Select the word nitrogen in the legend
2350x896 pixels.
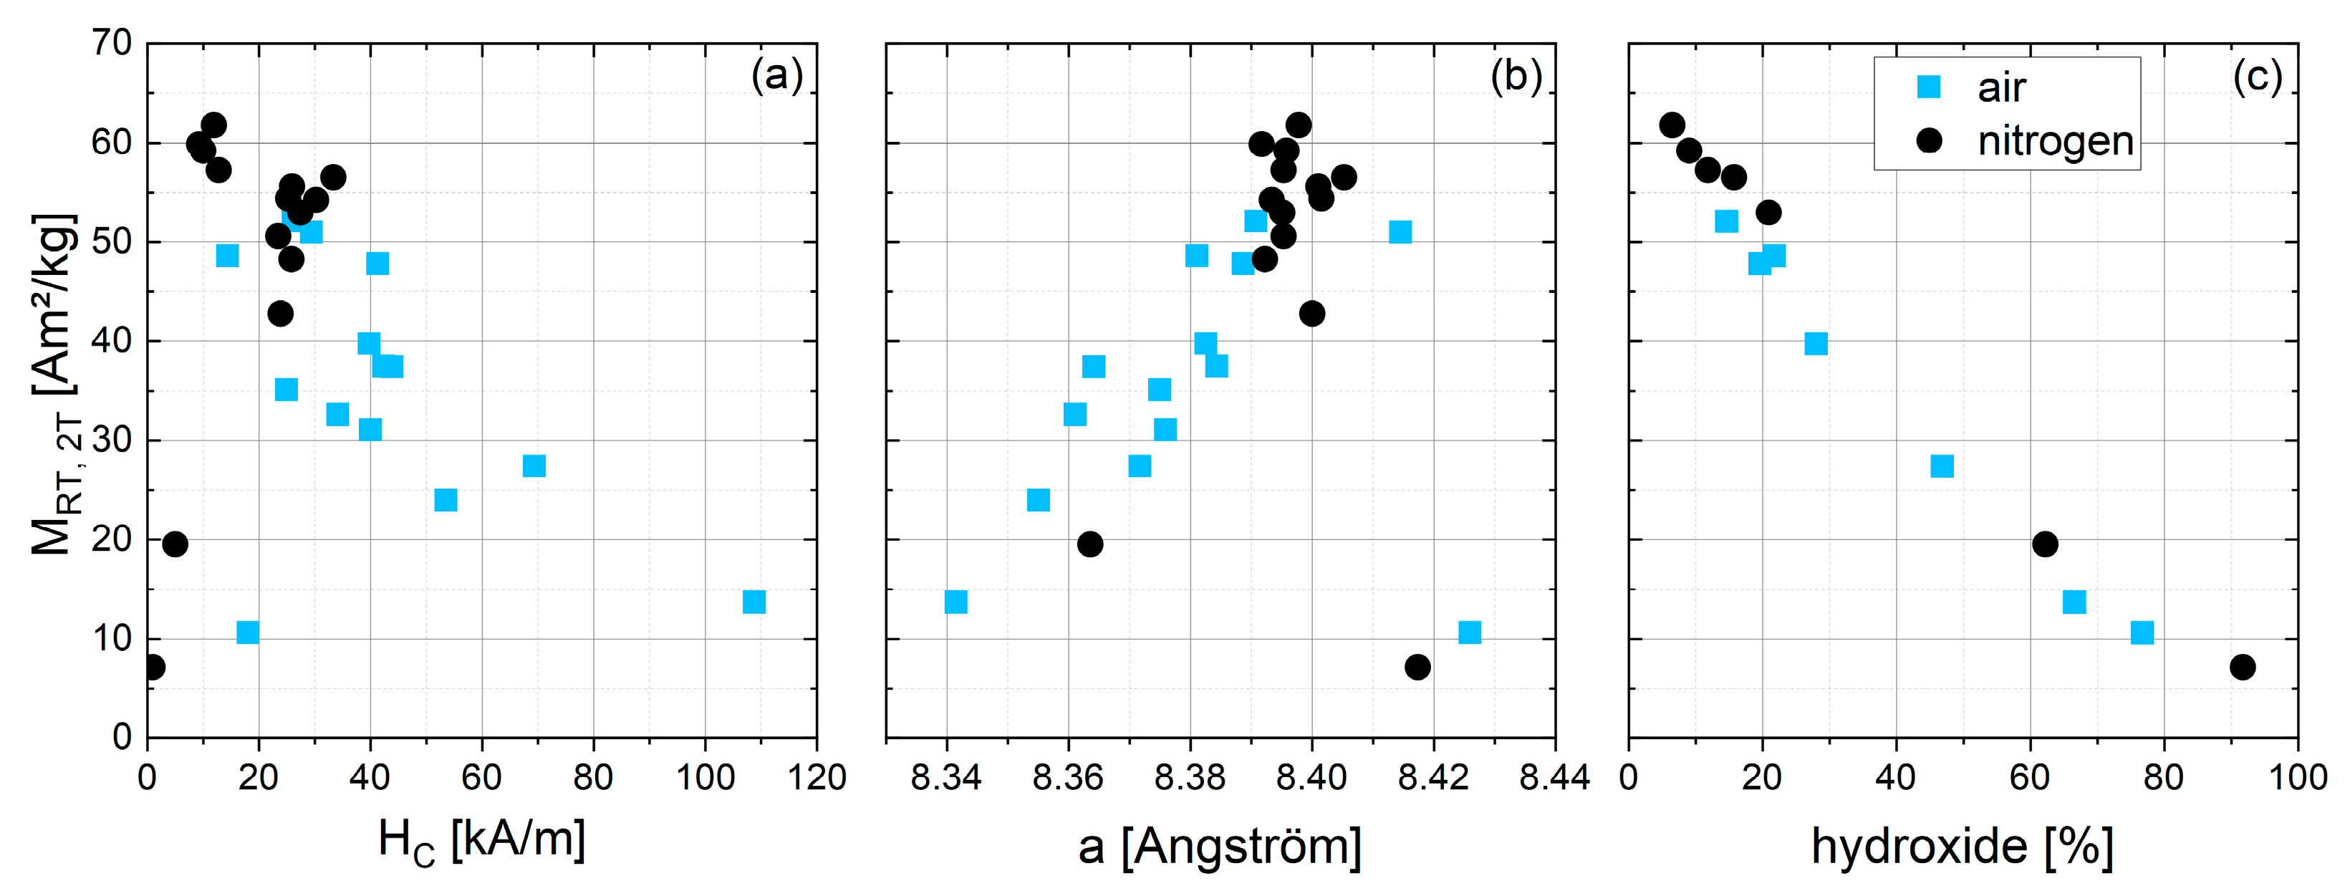click(2056, 141)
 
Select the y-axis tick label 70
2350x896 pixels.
click(111, 43)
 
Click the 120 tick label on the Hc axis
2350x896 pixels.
click(816, 777)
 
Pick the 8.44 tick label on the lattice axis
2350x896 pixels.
click(1554, 777)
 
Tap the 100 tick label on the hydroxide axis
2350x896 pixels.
click(2297, 777)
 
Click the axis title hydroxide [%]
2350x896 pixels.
click(1961, 847)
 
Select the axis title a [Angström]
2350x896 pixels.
click(1220, 847)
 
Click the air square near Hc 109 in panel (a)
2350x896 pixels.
click(753, 602)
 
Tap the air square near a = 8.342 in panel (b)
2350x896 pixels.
click(955, 602)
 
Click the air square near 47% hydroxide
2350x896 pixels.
click(1942, 466)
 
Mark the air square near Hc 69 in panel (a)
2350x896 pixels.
click(534, 466)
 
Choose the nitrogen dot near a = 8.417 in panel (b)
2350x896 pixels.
click(1417, 667)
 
